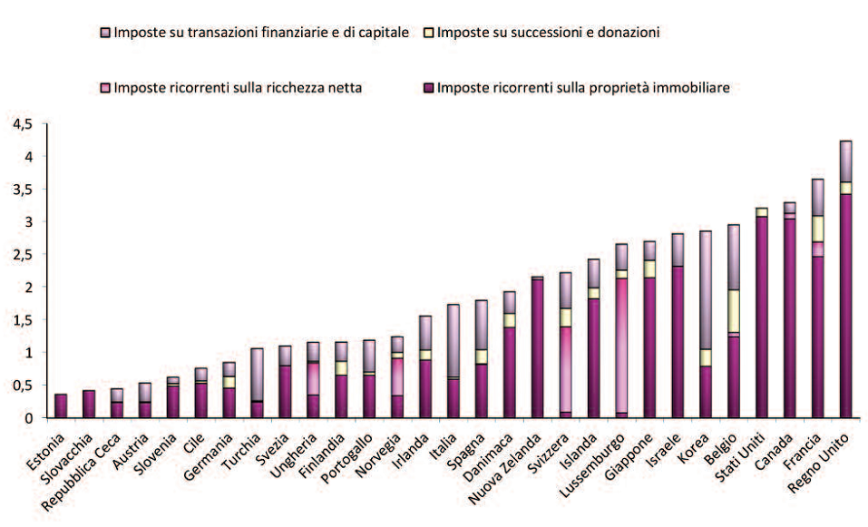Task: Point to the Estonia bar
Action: click(x=61, y=405)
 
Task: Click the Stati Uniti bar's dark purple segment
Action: click(x=762, y=317)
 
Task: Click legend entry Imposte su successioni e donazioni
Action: click(x=548, y=32)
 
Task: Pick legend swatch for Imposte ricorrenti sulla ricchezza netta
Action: click(x=103, y=88)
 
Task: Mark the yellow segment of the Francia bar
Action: click(x=816, y=228)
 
